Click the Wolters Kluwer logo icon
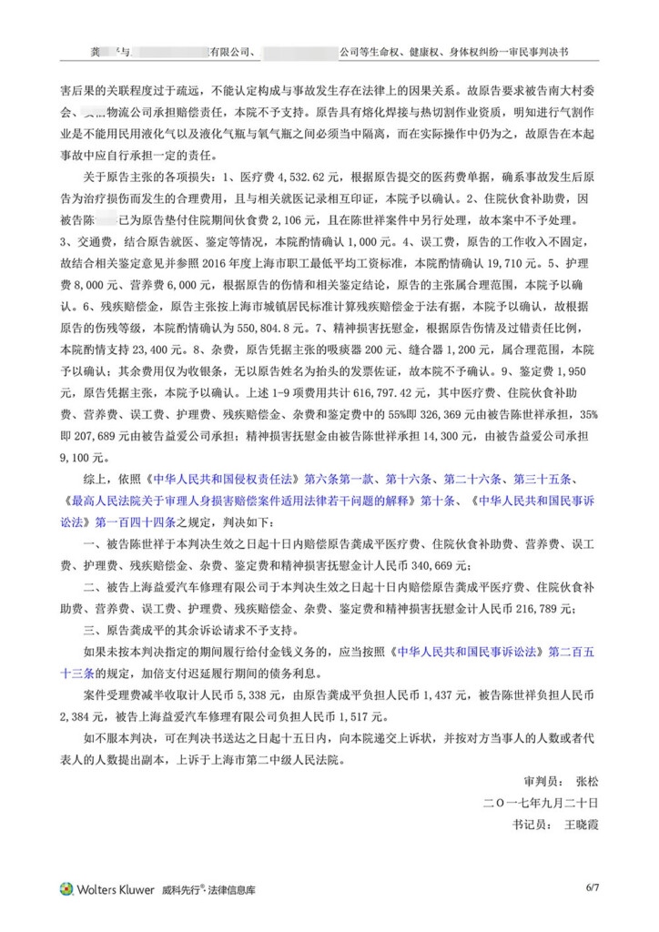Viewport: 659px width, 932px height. pyautogui.click(x=66, y=888)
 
